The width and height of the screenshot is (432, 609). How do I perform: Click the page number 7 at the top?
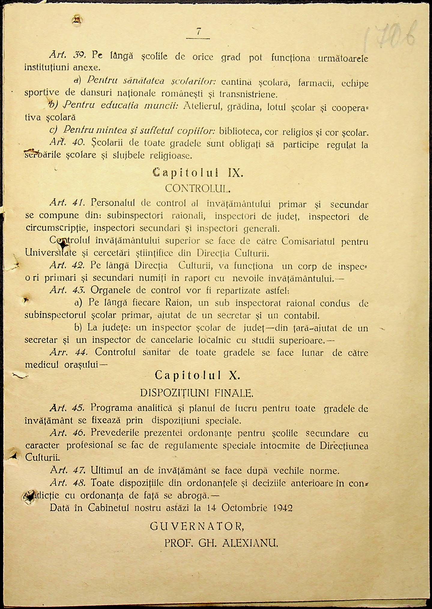pos(198,31)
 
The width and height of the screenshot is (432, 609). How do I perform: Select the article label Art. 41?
pos(68,203)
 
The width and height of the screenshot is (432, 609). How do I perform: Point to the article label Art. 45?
pos(67,408)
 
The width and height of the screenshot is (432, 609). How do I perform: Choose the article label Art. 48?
pos(68,483)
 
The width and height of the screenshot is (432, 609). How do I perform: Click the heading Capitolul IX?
pos(198,173)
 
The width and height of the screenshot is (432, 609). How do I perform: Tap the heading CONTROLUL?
pos(198,188)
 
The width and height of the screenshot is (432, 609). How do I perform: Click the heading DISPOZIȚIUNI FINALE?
pos(197,393)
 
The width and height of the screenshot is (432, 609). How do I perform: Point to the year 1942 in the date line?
pos(283,508)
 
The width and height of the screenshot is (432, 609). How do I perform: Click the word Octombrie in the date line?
pos(244,508)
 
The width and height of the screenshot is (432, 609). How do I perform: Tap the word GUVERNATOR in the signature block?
pos(197,526)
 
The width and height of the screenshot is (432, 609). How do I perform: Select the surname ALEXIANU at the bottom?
pos(250,543)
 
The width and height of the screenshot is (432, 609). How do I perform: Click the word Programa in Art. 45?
pos(111,408)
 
